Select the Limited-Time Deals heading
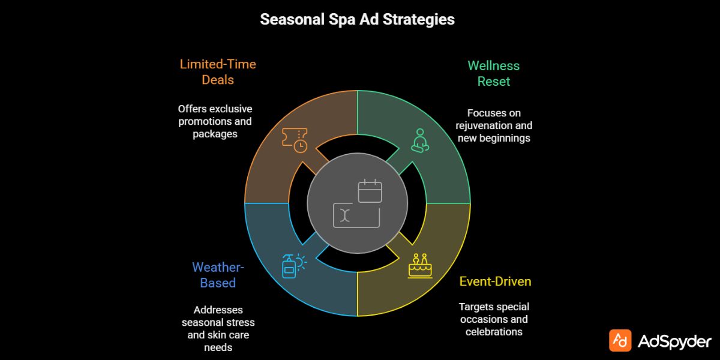[218, 72]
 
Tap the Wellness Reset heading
[493, 73]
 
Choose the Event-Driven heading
[495, 281]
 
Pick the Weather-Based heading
[218, 275]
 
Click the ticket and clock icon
[295, 139]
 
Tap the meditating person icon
[419, 140]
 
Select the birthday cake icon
[420, 266]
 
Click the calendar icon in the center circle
[370, 191]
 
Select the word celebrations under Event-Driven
[494, 332]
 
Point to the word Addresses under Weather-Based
[218, 310]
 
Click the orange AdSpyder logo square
[620, 340]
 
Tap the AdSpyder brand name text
[674, 341]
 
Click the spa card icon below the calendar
[357, 215]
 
